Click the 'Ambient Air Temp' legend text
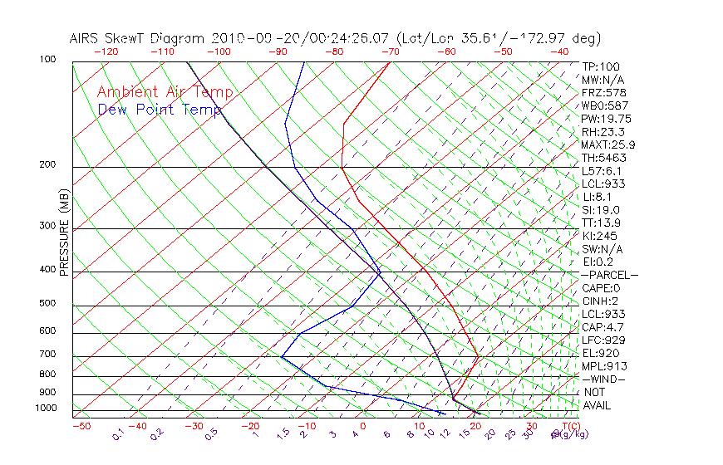click(165, 92)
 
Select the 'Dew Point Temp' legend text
click(160, 110)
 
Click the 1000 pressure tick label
click(46, 409)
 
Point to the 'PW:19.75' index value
click(606, 119)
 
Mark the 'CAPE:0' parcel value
click(602, 288)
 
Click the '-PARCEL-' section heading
click(609, 275)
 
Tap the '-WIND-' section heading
click(604, 379)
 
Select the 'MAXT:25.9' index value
click(609, 144)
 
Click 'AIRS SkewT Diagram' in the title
click(139, 39)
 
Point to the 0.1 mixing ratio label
click(118, 435)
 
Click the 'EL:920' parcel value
click(601, 353)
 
